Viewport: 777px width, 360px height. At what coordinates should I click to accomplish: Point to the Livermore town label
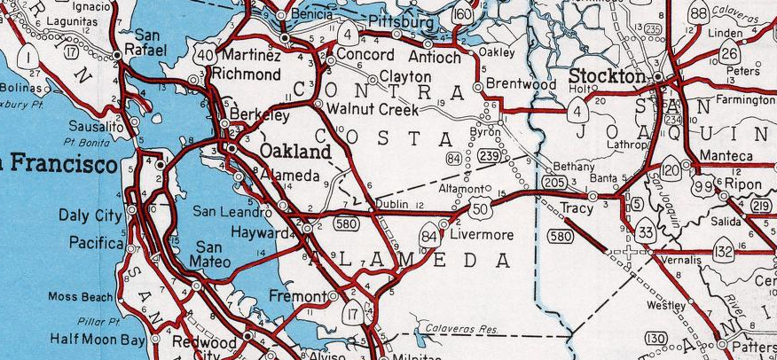(482, 235)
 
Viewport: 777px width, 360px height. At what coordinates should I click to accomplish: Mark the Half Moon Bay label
(98, 340)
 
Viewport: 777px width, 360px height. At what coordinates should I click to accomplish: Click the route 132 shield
(724, 252)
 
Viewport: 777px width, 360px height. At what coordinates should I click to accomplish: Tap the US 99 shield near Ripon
(705, 184)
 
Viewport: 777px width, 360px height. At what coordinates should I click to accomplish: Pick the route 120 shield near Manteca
(671, 168)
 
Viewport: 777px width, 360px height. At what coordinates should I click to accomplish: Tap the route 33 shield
(645, 232)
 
